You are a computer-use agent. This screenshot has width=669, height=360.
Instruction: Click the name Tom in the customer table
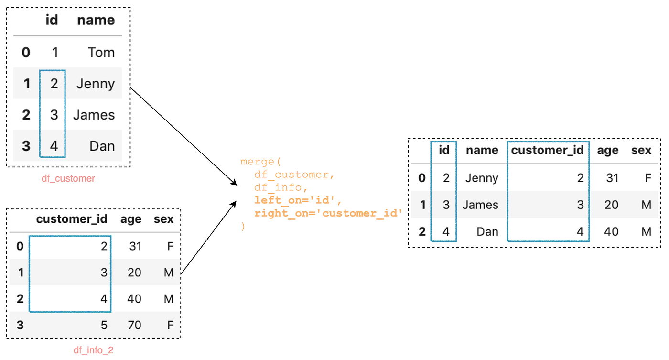click(101, 53)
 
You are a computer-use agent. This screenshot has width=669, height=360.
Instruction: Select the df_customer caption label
click(68, 178)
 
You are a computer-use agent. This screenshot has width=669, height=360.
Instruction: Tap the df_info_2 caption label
click(94, 350)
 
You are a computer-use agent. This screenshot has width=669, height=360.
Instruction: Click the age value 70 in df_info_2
click(134, 325)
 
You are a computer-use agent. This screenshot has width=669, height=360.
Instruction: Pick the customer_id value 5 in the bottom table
click(104, 325)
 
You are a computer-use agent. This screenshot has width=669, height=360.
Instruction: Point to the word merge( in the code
click(260, 162)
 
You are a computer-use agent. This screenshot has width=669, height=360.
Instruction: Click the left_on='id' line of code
click(298, 200)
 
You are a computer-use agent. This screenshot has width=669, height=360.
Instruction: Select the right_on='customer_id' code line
click(328, 213)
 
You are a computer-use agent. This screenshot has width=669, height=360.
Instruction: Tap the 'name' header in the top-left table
click(96, 20)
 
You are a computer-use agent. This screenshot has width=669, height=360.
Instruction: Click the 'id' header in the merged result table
click(444, 150)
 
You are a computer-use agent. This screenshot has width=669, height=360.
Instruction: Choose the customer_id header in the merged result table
click(547, 150)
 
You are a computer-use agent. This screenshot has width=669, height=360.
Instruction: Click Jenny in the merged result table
click(482, 178)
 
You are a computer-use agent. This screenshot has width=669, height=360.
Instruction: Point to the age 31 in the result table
click(612, 178)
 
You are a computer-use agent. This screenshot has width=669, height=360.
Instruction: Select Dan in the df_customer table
click(102, 146)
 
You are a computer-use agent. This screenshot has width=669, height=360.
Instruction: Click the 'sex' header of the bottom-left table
click(163, 219)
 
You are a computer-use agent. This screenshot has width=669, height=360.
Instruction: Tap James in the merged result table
click(481, 205)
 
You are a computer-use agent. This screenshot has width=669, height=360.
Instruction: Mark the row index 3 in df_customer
click(26, 146)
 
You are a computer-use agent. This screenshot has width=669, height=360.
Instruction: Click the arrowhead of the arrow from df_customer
click(234, 183)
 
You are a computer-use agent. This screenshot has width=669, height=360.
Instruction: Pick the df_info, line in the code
click(281, 187)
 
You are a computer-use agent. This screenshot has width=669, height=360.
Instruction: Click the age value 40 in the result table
click(611, 232)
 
